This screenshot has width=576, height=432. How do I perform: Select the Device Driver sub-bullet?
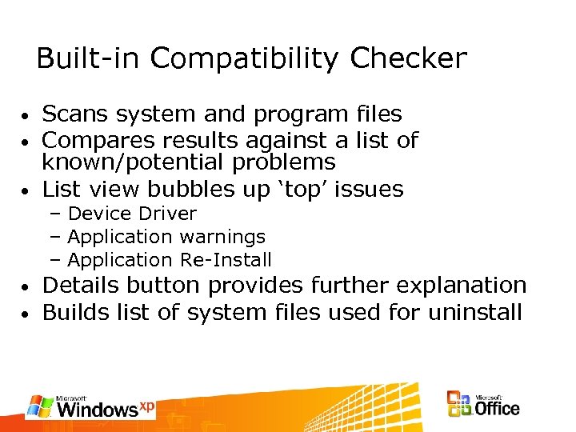132,214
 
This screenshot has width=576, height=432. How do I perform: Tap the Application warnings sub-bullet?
166,237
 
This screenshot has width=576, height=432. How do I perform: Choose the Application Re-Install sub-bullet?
170,260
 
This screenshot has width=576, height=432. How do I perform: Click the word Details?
82,286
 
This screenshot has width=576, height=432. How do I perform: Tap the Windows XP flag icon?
40,406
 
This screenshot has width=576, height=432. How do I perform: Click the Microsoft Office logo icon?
459,404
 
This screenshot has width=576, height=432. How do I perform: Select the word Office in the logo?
496,409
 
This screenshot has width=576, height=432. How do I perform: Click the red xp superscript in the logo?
146,406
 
